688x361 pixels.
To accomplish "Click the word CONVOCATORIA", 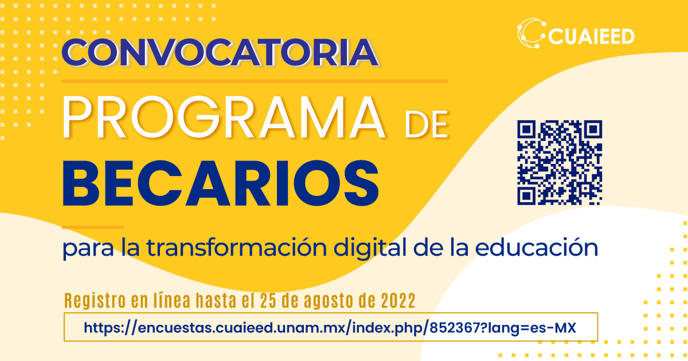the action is coord(220,52).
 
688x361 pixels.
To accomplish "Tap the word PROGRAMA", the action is coord(223,117).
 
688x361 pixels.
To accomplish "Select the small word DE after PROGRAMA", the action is coord(427,125).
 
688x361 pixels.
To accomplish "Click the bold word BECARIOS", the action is coord(221,183).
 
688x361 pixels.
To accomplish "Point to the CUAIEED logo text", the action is coord(591,37).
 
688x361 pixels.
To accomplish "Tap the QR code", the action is coord(560,162).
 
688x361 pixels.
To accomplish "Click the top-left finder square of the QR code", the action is coord(526,130).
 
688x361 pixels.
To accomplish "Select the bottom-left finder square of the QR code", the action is coord(526,195).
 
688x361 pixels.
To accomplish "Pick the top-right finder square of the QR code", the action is coord(593,130).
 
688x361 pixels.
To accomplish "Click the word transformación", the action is coord(236,248).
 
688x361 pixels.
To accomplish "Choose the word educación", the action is coord(536,248).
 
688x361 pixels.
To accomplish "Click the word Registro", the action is coord(95,301).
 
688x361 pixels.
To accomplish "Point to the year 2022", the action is coord(398,300).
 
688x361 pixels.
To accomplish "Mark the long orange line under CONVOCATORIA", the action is coord(255,81).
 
